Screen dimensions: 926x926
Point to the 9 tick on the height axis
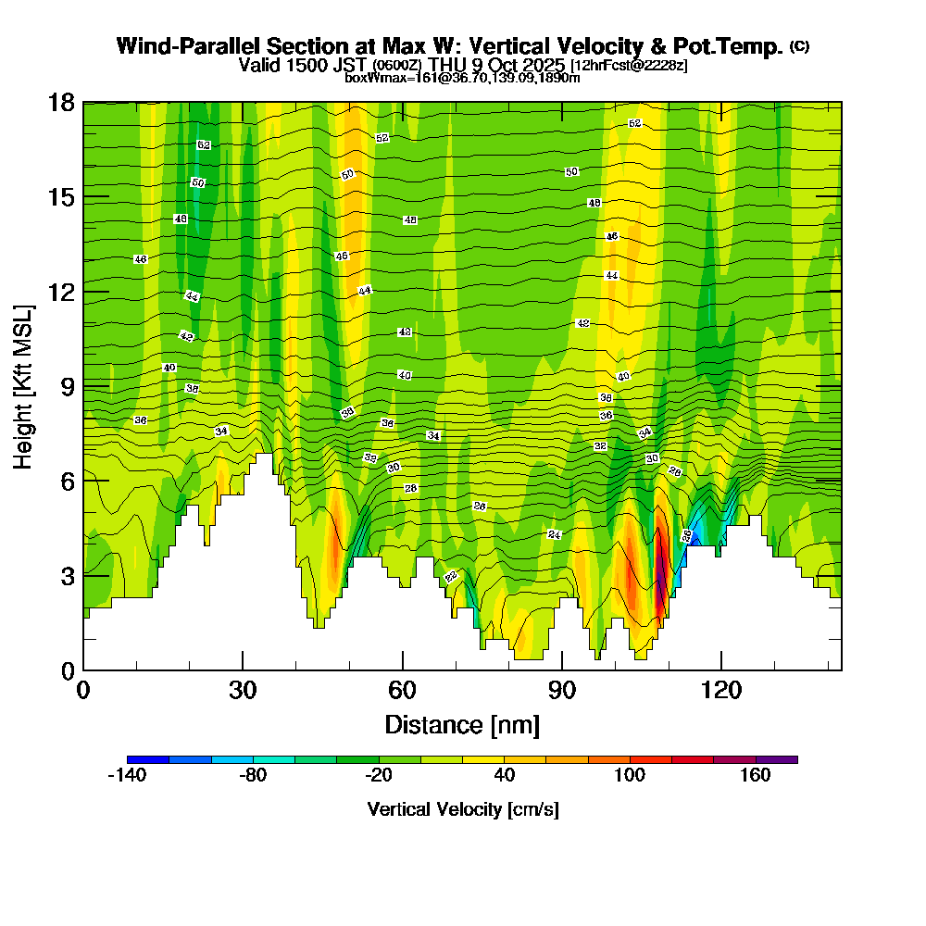pos(68,386)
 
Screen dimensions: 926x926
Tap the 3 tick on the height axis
pos(68,575)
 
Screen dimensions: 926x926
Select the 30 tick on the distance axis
pos(243,689)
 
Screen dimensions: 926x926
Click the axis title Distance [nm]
pos(462,723)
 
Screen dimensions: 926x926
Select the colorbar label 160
pos(756,776)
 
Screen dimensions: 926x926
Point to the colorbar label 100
pos(630,776)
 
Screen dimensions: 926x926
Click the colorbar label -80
pos(253,776)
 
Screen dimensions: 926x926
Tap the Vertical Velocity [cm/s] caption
pos(462,809)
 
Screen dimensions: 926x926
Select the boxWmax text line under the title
pos(462,78)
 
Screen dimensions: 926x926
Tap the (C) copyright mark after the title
pos(800,46)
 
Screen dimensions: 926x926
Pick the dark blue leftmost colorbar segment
pos(147,759)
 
